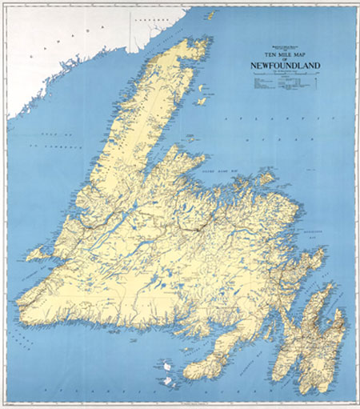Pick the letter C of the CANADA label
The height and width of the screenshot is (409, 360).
pos(30,58)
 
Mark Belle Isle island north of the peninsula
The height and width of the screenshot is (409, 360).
pos(211,14)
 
